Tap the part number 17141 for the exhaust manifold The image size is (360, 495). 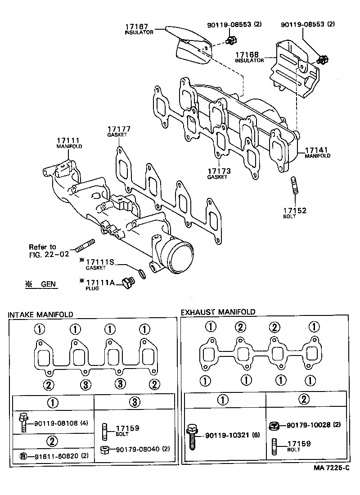(x=318, y=150)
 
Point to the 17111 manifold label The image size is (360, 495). (x=68, y=140)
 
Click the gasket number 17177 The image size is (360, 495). (x=118, y=128)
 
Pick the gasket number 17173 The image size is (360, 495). (x=219, y=171)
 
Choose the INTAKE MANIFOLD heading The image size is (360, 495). (x=40, y=315)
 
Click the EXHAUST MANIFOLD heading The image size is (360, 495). (x=218, y=312)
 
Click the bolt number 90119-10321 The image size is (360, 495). (x=228, y=436)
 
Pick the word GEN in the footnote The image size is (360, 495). (x=48, y=284)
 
